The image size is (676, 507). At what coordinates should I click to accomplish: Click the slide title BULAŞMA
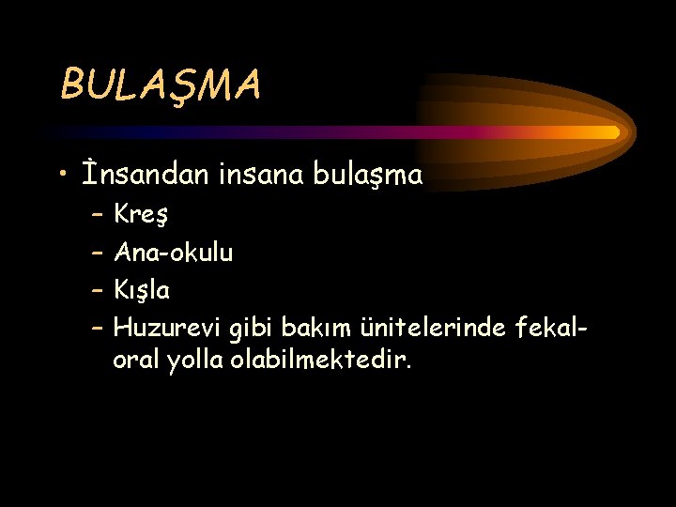(161, 85)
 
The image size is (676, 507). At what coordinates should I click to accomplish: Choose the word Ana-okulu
(174, 252)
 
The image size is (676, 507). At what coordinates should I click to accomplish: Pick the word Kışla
(142, 290)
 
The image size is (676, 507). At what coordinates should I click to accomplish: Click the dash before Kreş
(99, 215)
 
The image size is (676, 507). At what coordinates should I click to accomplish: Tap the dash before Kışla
(99, 290)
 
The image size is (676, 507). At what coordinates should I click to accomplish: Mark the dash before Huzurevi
(99, 328)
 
